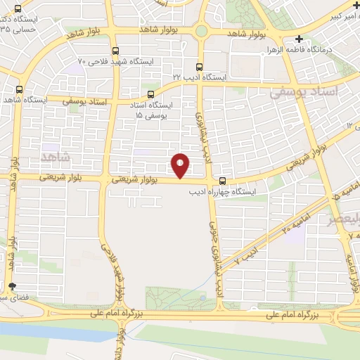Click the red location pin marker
point(181,165)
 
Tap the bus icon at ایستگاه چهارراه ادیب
point(223,179)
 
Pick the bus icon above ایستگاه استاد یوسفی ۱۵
point(150,94)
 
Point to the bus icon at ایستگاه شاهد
point(18,89)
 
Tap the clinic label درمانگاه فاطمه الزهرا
point(321,51)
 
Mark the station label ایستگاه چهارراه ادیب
point(226,191)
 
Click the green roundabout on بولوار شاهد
point(202,32)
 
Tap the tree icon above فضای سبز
point(12,286)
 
